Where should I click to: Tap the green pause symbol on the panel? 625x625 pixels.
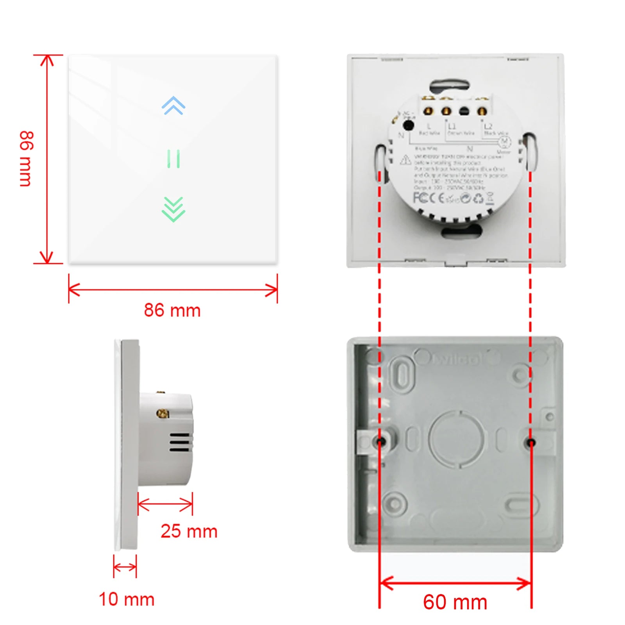coord(173,159)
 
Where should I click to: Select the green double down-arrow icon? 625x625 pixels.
coord(173,209)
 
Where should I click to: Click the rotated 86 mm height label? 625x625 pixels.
coord(26,159)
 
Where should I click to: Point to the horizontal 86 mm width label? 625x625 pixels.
coord(172,311)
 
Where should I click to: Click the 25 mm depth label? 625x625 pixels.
coord(189,531)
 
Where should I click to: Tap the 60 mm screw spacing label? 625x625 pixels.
coord(455,602)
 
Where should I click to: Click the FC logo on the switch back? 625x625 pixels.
coord(421,198)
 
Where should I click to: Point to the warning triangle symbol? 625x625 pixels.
coord(405,160)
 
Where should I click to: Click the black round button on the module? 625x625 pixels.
coord(408,125)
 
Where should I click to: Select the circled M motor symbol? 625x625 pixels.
coord(504,142)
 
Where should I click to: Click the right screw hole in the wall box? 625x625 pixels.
coord(531,443)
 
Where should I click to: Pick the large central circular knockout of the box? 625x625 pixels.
coord(457,439)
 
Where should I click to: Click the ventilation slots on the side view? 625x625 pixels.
coord(179,442)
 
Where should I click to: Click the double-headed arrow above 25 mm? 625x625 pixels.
coord(165,504)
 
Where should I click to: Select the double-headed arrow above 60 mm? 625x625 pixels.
coord(455,584)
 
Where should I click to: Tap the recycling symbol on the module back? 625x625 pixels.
coord(478,199)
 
